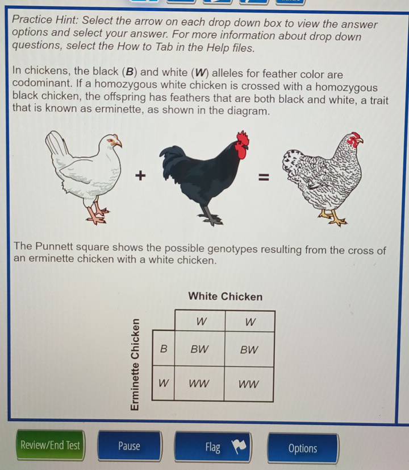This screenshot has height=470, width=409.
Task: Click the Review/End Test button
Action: coord(50,445)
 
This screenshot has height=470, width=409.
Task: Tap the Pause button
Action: coord(130,446)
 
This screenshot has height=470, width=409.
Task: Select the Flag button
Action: coord(212,447)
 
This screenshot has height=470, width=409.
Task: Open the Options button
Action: coord(302,448)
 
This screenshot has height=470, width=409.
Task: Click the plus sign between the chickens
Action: coord(140,175)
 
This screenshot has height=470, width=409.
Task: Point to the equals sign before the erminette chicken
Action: coord(264,178)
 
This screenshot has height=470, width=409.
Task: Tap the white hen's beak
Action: coord(119,144)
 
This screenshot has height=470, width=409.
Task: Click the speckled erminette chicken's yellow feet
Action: coord(332,218)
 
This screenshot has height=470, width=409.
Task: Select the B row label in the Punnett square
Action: coord(164,349)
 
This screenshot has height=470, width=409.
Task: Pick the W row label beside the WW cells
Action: coord(164,383)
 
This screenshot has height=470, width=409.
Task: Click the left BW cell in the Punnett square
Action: coord(199,349)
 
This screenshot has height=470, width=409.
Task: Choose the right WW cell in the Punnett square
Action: coord(249,384)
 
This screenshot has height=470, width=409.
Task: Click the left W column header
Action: coord(201,321)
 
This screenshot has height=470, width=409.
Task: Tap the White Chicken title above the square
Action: coord(226,296)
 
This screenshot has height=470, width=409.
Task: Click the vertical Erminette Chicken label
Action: coord(135,364)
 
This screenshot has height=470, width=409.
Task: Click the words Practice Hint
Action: coord(45,19)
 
